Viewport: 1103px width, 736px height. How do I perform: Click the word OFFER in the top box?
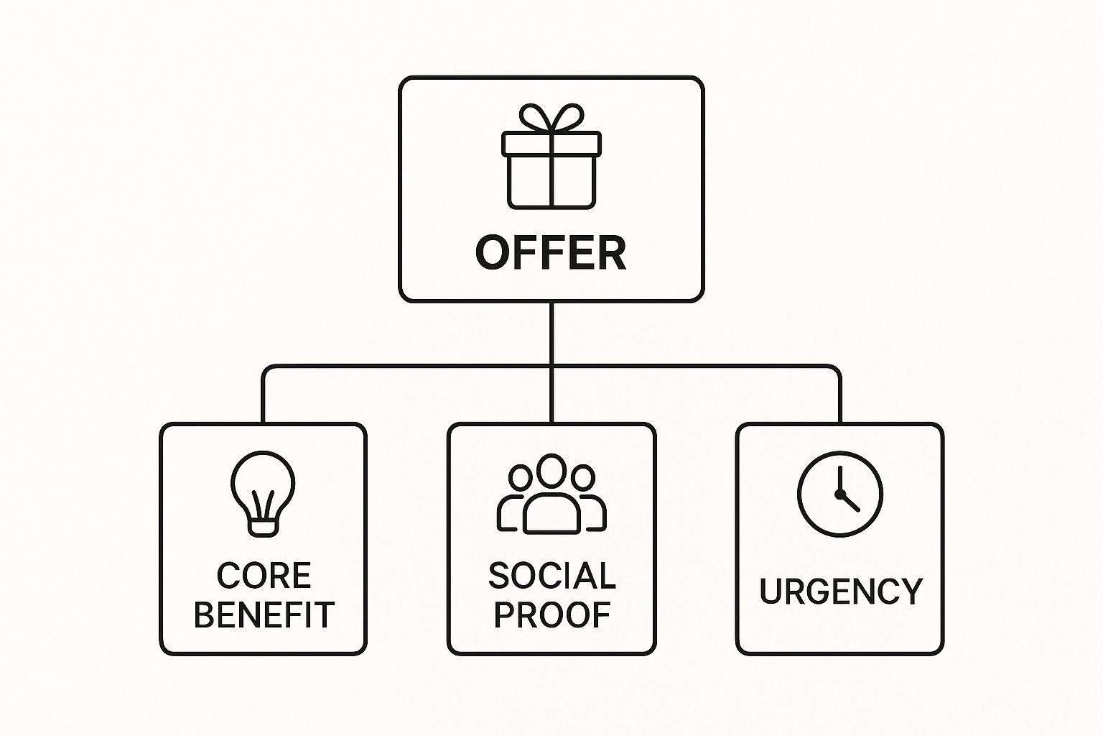(551, 253)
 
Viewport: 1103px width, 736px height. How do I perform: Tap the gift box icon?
(551, 156)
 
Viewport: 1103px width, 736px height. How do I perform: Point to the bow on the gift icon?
(551, 117)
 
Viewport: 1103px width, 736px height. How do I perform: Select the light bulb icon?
(263, 494)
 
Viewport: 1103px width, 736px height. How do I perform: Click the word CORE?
(264, 575)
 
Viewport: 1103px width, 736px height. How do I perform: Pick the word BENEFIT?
(264, 615)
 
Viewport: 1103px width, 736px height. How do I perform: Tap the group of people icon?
(551, 494)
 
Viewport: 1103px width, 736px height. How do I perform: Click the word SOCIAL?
(552, 575)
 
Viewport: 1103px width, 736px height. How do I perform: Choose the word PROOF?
(552, 615)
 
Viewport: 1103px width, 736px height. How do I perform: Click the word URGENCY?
(841, 591)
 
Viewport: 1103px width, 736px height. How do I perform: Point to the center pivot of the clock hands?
(839, 494)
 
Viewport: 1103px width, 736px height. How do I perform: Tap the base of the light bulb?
(263, 528)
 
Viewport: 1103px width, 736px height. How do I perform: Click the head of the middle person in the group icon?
(551, 471)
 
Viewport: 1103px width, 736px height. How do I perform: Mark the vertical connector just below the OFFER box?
(551, 333)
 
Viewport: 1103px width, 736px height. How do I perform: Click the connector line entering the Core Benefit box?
(263, 395)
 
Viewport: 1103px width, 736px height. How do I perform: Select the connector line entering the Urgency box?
(839, 395)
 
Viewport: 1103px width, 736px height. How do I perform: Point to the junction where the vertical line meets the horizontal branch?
(551, 367)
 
